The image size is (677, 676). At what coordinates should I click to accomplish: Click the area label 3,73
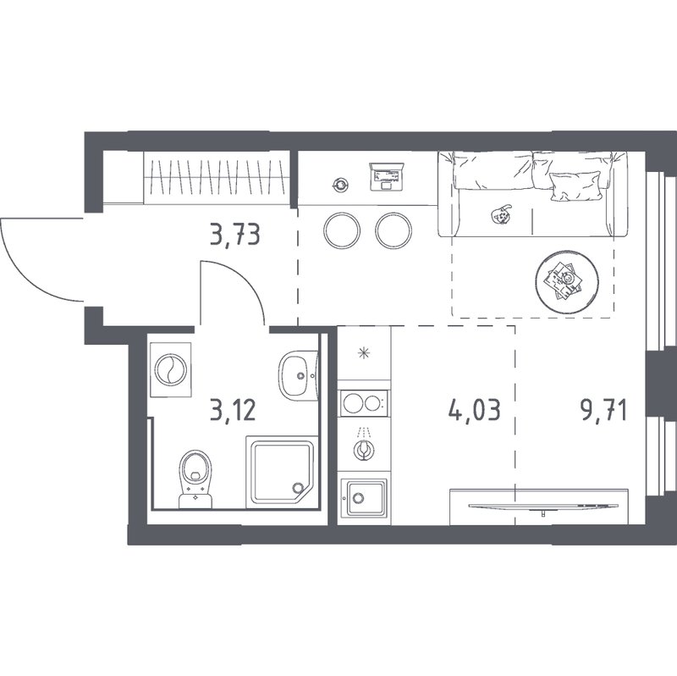(x=235, y=236)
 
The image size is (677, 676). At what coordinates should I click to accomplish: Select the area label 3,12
(x=234, y=410)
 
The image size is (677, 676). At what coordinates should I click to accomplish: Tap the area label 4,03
(x=475, y=410)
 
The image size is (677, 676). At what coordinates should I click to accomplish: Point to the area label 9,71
(x=603, y=410)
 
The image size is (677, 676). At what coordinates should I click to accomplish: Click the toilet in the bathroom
(x=195, y=479)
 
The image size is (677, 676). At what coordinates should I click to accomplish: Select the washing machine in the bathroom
(x=171, y=369)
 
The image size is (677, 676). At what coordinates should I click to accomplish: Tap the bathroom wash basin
(x=298, y=375)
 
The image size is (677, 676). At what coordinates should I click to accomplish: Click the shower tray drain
(x=298, y=488)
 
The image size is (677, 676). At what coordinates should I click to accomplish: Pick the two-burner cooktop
(x=364, y=404)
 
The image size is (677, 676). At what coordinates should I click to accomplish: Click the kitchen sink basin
(x=364, y=497)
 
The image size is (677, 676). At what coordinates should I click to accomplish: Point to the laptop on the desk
(x=387, y=176)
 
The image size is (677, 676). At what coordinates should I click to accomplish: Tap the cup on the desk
(x=341, y=186)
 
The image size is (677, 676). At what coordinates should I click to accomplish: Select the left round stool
(x=342, y=230)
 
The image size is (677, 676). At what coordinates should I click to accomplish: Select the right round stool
(x=394, y=230)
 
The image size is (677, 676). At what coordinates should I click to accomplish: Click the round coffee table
(x=566, y=281)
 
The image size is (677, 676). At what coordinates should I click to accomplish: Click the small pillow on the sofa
(x=575, y=186)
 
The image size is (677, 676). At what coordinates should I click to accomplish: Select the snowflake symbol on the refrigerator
(x=364, y=353)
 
